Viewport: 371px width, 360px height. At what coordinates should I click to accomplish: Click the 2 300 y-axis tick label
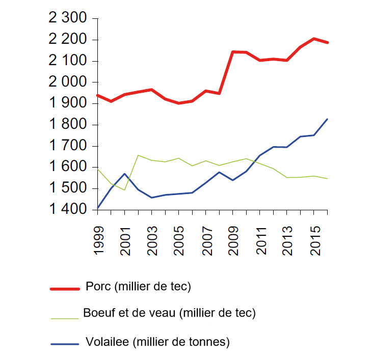pos(68,19)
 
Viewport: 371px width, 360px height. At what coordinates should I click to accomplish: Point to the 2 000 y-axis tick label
pos(68,82)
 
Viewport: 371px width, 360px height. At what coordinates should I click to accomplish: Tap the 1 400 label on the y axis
pos(68,210)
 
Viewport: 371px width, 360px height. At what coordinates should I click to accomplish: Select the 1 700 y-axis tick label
pos(68,146)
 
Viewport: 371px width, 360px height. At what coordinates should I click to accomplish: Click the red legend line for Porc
pos(65,289)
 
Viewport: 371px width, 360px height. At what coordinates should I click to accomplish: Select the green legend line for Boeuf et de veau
pos(65,318)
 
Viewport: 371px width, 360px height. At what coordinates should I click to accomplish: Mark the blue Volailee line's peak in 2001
pos(124,174)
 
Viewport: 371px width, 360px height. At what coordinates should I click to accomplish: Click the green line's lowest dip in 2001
pos(124,190)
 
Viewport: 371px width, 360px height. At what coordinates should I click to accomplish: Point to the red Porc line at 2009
pos(233,51)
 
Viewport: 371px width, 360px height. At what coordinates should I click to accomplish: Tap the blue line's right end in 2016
pos(327,119)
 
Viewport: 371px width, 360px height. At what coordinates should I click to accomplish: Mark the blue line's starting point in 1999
pos(98,208)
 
